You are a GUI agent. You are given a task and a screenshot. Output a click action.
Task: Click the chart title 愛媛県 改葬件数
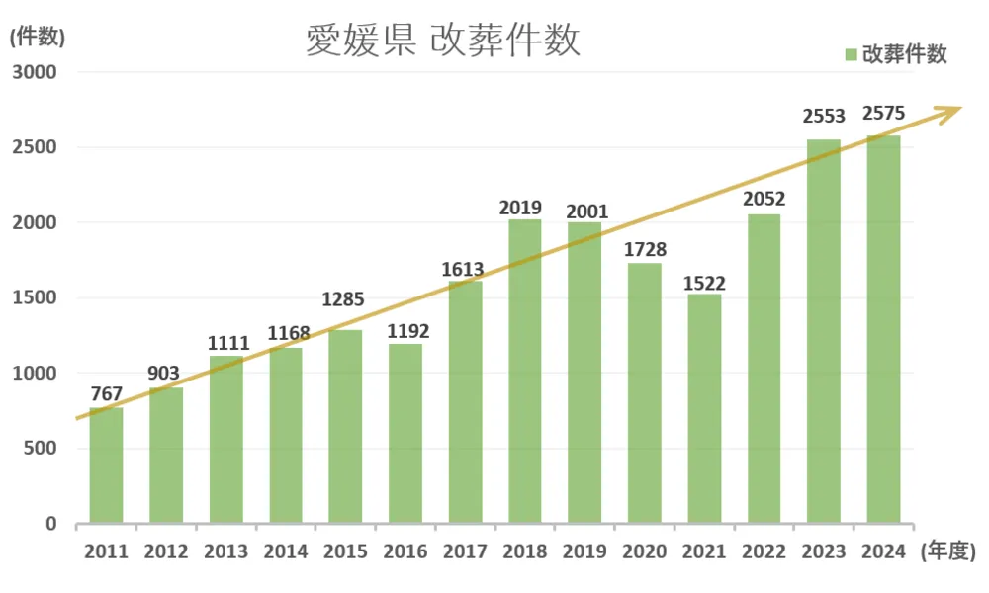point(441,42)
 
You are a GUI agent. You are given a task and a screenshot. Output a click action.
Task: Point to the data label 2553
point(824,118)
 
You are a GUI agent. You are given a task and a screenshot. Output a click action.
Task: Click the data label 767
point(106,394)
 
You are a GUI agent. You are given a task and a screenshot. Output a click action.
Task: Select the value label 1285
point(345,297)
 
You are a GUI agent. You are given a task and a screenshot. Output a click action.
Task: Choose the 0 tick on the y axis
point(50,524)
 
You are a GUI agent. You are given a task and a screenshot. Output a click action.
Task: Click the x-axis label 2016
point(405,551)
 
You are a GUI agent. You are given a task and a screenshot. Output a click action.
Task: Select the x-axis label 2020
point(644,551)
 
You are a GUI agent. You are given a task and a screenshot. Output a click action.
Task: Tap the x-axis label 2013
point(225,551)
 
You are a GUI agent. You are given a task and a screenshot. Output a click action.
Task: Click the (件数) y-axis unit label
point(37,38)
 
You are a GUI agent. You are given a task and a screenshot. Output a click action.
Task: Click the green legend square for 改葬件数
point(851,55)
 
